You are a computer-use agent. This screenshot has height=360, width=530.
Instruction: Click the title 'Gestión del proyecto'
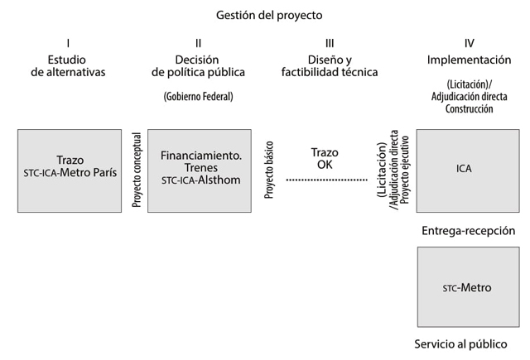pos(269,15)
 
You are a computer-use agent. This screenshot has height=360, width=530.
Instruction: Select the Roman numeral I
pos(68,42)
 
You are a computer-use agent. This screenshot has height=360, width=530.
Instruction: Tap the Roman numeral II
pos(198,42)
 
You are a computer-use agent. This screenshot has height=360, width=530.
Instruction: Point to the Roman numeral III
pos(330,42)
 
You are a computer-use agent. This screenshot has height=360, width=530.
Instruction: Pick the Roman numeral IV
pos(469,42)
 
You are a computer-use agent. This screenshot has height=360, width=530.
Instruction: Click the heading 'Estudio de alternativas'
pos(68,65)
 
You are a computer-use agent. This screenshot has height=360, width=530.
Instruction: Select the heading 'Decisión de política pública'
pos(198,65)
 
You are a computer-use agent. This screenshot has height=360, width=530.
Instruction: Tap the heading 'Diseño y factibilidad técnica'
pos(330,65)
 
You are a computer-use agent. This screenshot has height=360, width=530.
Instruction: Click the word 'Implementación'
pos(469,60)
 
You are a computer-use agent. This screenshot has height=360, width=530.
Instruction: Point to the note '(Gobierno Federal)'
pos(198,97)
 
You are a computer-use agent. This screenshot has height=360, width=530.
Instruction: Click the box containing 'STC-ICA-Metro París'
pos(70,170)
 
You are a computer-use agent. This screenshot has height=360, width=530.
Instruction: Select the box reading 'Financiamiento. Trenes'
pos(199,170)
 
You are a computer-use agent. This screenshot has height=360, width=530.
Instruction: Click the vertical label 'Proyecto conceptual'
pos(136,170)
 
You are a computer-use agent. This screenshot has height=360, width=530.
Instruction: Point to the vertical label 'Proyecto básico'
pos(268,170)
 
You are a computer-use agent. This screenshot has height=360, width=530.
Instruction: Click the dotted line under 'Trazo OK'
pos(326,180)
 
